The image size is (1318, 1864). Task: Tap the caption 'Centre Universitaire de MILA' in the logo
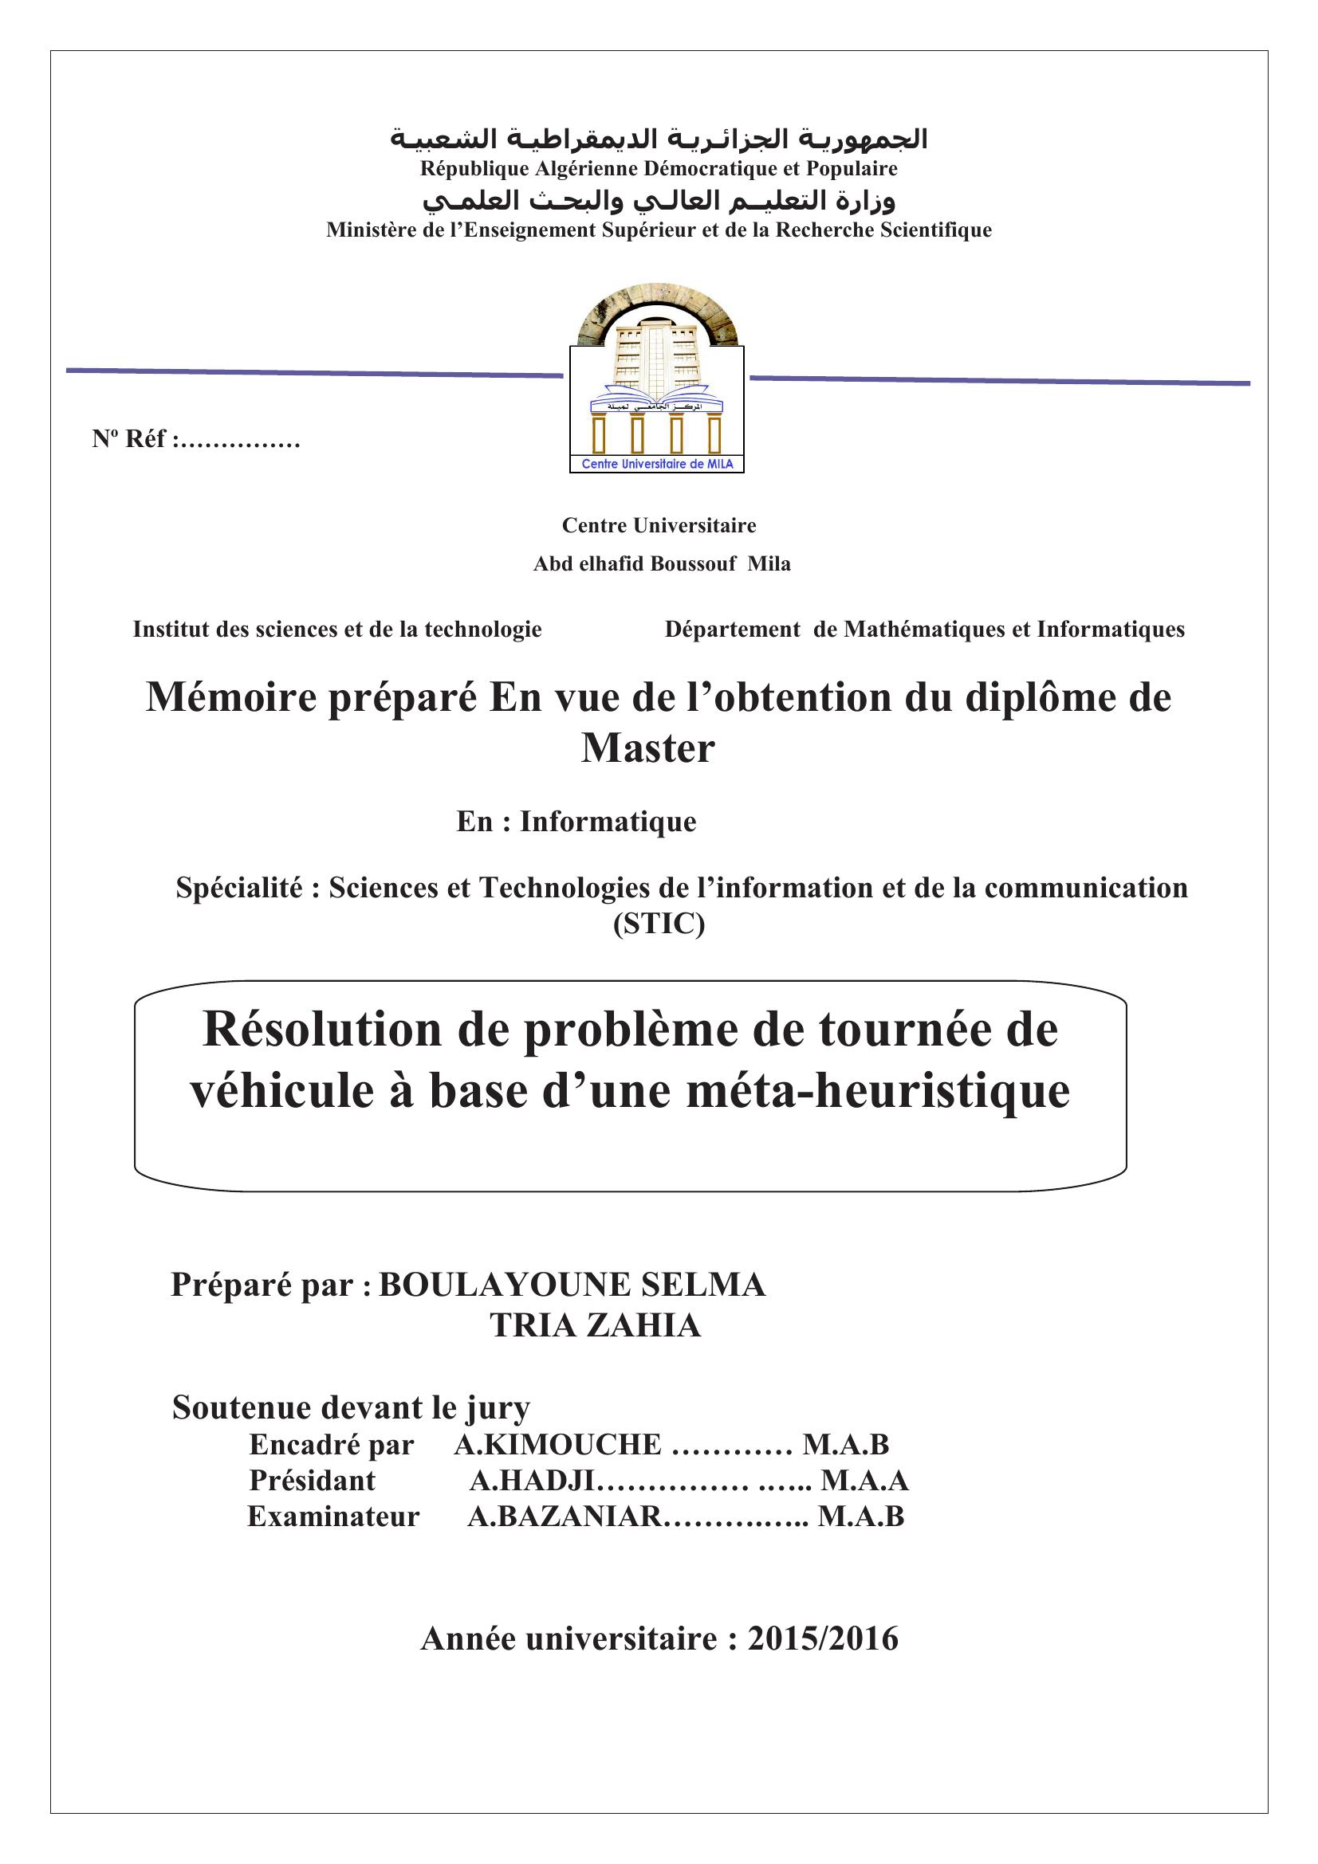(x=657, y=465)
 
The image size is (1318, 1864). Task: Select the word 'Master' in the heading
(x=648, y=748)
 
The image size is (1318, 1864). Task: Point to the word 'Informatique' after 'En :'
(x=608, y=822)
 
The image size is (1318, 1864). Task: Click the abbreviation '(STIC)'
(x=659, y=924)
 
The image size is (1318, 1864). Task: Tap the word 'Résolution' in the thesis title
(x=321, y=1030)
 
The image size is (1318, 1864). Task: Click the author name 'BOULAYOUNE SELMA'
(x=572, y=1285)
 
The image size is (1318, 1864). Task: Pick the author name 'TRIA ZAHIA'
(x=596, y=1326)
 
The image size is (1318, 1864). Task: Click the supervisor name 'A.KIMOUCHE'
(x=558, y=1445)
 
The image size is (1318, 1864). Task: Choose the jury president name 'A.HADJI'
(x=533, y=1481)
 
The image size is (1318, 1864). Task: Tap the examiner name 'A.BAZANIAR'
(x=565, y=1517)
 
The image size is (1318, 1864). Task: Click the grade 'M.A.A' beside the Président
(x=864, y=1481)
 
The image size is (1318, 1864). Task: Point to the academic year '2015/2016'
(x=823, y=1639)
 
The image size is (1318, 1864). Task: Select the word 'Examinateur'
(x=334, y=1517)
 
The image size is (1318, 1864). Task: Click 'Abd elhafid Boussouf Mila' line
(x=662, y=563)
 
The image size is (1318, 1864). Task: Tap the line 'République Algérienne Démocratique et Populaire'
(x=659, y=169)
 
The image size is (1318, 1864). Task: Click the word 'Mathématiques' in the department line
(x=923, y=630)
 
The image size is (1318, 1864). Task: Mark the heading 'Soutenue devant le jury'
(x=351, y=1407)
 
